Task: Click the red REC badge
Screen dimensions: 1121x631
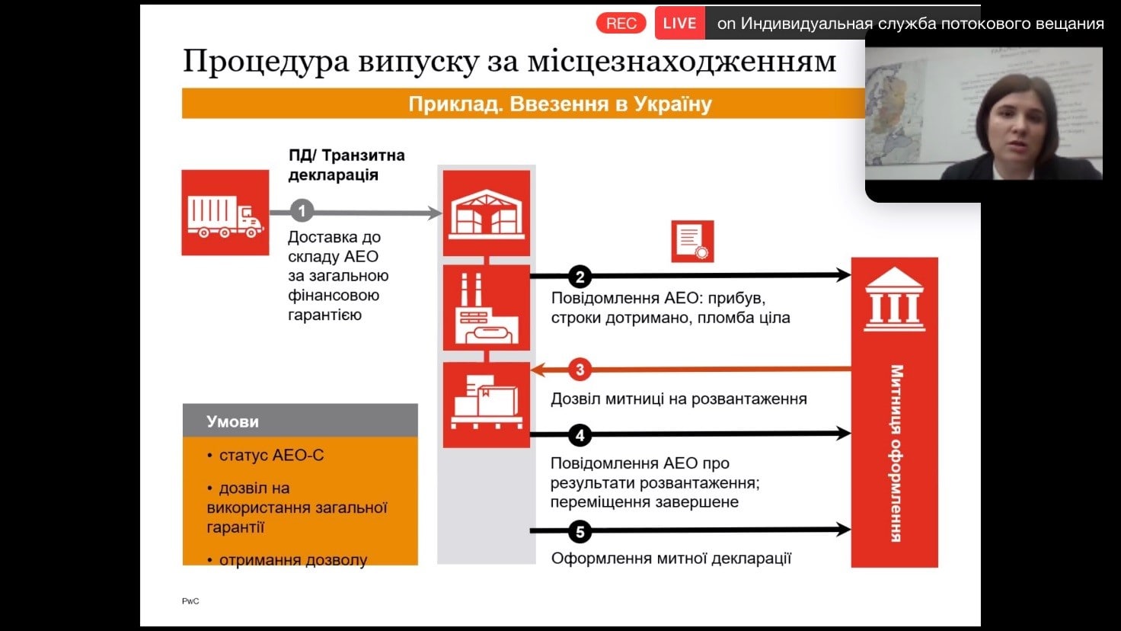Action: (x=621, y=23)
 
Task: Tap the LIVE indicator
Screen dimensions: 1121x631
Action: (x=679, y=23)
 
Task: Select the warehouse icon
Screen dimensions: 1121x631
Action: (x=487, y=213)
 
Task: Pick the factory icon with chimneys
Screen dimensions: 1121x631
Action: (x=487, y=307)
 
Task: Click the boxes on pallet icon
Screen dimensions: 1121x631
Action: (x=487, y=405)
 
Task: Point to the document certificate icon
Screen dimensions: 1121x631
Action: (x=692, y=242)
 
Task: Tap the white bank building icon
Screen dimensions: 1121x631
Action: (x=895, y=299)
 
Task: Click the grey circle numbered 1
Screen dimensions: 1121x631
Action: (x=302, y=211)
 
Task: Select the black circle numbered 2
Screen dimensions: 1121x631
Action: (x=580, y=277)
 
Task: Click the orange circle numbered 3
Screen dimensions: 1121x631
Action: (x=580, y=370)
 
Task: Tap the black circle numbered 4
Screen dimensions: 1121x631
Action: (x=580, y=435)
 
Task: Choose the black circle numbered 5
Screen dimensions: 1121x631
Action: (x=580, y=531)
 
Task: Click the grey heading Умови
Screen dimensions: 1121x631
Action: (x=233, y=421)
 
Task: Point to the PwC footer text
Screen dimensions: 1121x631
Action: (x=190, y=601)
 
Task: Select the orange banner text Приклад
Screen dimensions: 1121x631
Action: (x=455, y=104)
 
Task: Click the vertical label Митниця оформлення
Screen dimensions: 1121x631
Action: (x=896, y=453)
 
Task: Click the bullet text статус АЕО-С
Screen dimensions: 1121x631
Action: (x=271, y=455)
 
